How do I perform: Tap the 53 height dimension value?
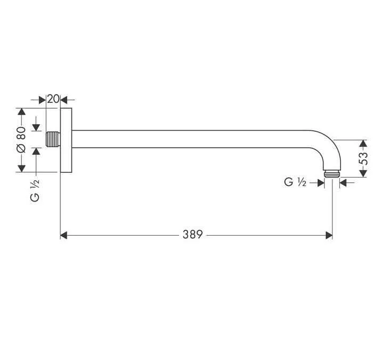(363, 158)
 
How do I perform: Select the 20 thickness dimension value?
(53, 99)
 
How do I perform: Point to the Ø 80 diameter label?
(21, 140)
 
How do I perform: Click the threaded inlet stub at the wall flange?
(52, 140)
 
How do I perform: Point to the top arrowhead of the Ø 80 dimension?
(21, 113)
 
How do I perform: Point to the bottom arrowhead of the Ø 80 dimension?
(21, 169)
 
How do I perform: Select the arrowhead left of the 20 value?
(43, 99)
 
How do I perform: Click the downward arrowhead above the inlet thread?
(36, 127)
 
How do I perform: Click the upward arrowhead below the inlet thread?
(36, 151)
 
